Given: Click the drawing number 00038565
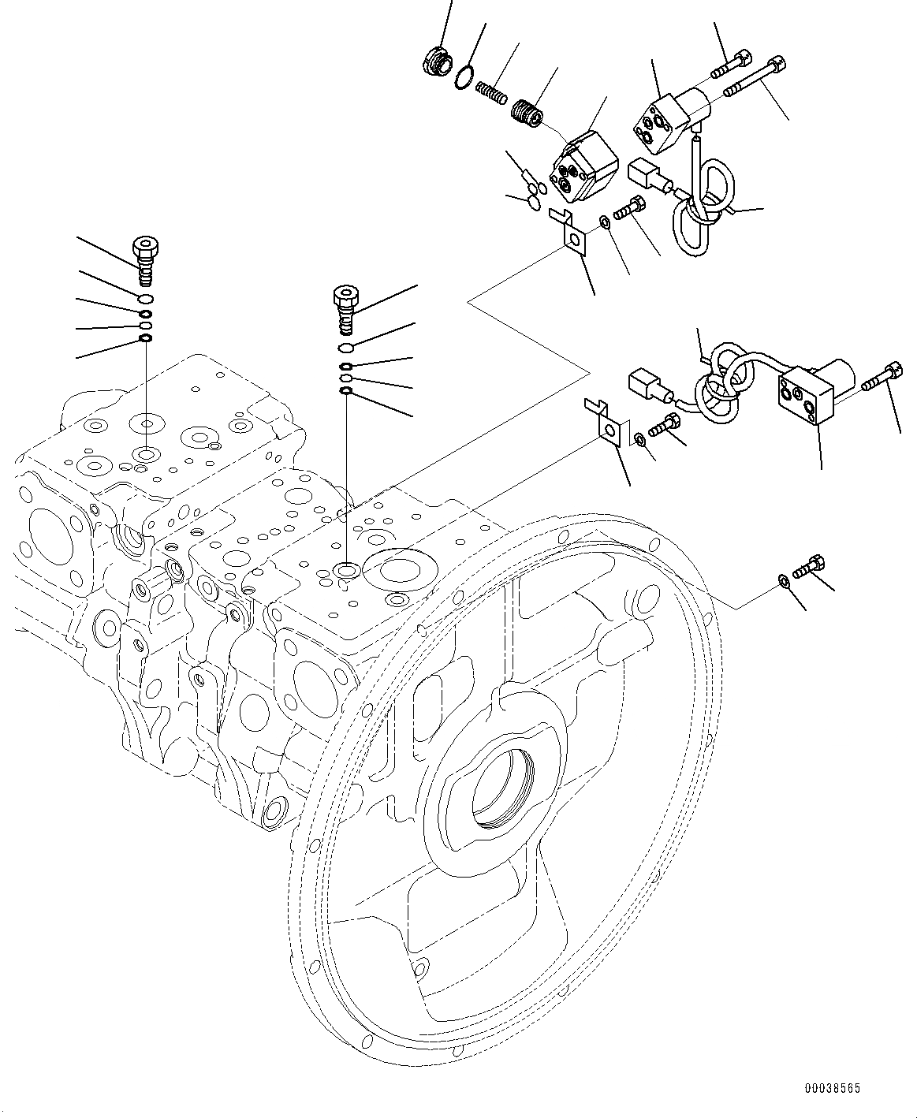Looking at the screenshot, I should point(832,1088).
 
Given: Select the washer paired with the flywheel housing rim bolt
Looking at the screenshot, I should point(783,581).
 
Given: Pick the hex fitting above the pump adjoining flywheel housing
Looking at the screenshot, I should point(345,308).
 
